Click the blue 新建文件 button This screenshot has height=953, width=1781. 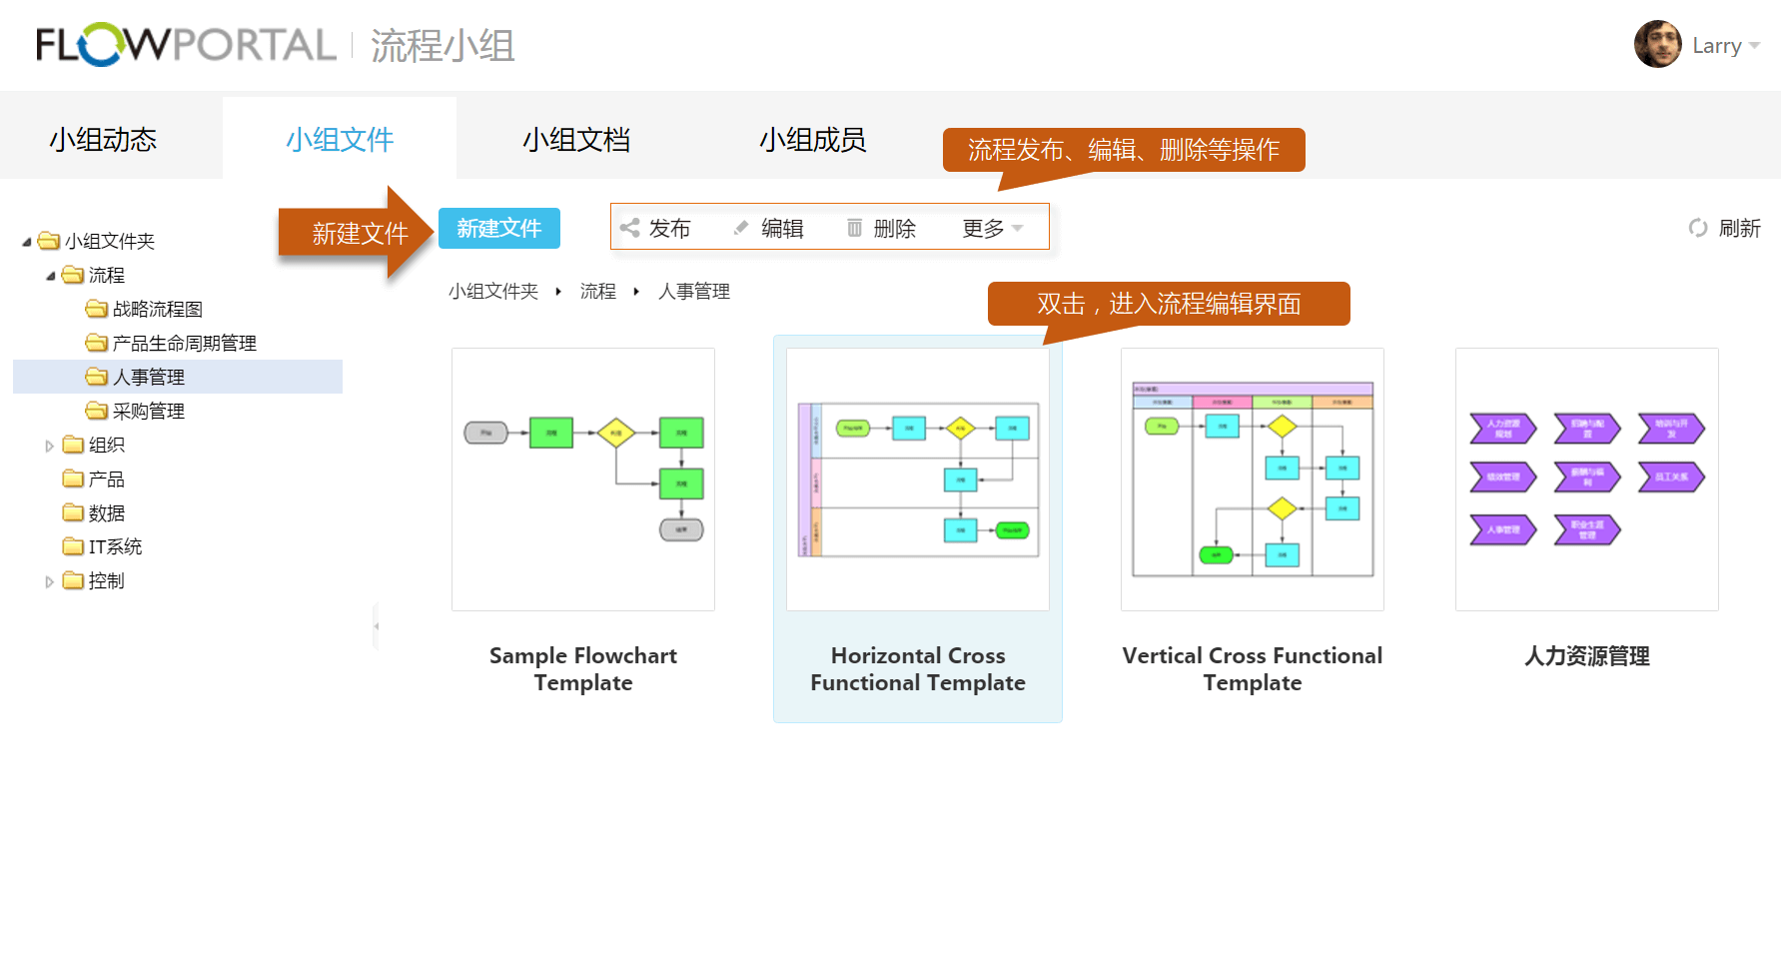point(498,229)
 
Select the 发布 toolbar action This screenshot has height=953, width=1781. point(656,229)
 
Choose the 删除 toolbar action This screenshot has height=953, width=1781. point(882,229)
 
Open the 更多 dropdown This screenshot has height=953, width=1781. point(992,229)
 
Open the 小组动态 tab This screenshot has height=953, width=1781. point(104,140)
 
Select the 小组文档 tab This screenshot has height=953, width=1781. point(576,140)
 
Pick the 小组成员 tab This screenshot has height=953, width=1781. point(812,140)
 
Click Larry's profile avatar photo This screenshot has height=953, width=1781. point(1657,45)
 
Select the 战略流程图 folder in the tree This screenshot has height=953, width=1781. point(157,310)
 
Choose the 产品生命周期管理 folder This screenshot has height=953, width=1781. point(184,344)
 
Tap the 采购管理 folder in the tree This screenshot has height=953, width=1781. point(148,412)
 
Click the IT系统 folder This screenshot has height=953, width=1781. point(115,547)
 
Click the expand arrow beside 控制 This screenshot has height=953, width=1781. point(49,581)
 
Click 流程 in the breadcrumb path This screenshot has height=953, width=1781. point(597,292)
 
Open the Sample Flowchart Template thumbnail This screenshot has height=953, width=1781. point(583,479)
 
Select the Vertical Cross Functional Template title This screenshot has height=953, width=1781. point(1252,669)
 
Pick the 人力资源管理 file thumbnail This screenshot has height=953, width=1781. point(1586,479)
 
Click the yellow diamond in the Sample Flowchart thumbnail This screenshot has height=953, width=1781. point(616,433)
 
